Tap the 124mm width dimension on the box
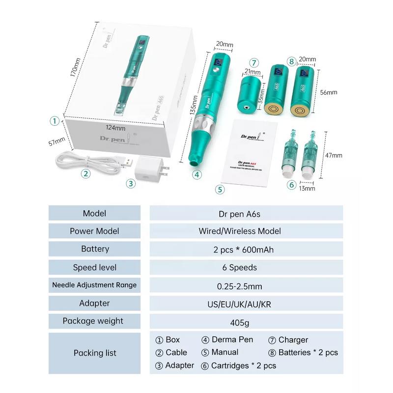tap(115, 128)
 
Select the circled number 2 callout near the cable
tap(86, 173)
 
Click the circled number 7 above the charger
tap(253, 63)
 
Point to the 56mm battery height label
tap(328, 92)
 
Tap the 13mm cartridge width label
tap(308, 188)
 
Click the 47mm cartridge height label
tap(334, 155)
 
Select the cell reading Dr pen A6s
tap(246, 214)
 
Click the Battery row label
tap(95, 249)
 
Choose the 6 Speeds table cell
tap(246, 267)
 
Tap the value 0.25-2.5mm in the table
tap(246, 286)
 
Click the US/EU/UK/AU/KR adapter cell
tap(246, 304)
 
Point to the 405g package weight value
tap(246, 322)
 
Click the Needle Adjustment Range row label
tap(95, 285)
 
